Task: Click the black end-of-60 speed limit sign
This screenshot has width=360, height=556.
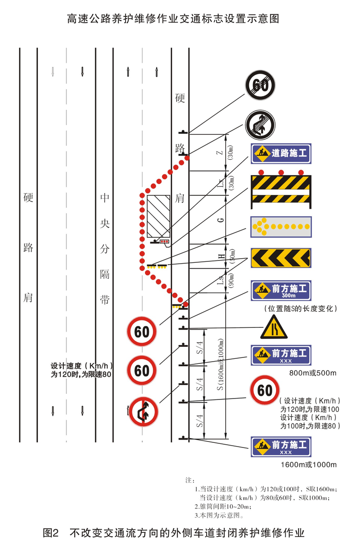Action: click(260, 85)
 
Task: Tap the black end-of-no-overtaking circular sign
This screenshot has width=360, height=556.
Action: click(260, 124)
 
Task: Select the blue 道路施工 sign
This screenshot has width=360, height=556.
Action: click(281, 153)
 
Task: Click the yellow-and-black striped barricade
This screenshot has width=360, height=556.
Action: click(281, 189)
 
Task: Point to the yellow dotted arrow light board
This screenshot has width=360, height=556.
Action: click(281, 227)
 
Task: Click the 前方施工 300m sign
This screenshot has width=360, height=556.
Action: click(281, 290)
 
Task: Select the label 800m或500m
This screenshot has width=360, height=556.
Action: click(312, 373)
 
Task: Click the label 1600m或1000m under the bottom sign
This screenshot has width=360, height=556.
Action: click(309, 464)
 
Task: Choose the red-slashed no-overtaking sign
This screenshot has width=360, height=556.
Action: click(143, 411)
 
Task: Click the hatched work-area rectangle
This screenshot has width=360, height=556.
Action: click(159, 216)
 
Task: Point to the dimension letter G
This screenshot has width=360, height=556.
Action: click(222, 220)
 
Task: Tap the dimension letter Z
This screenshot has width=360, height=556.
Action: click(221, 151)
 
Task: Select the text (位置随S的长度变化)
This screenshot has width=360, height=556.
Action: click(300, 308)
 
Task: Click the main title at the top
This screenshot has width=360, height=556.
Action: click(173, 19)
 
